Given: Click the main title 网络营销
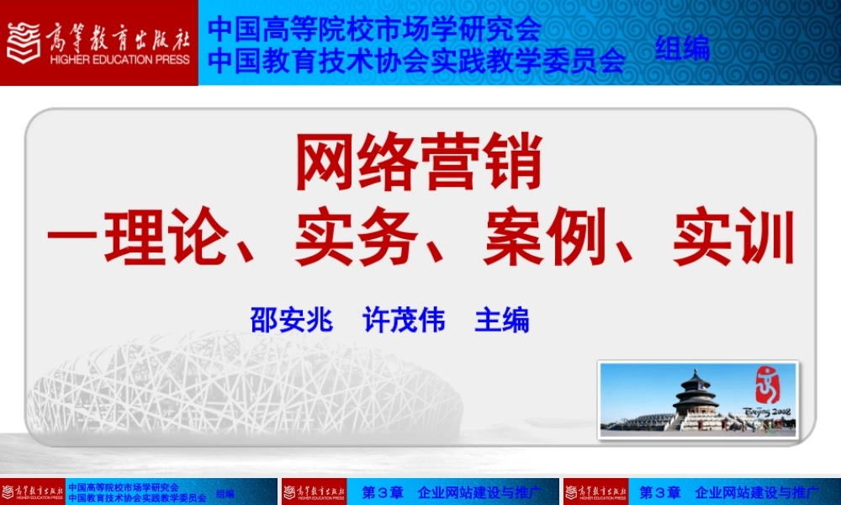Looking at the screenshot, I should pyautogui.click(x=418, y=165).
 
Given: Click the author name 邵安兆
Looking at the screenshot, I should pyautogui.click(x=291, y=321).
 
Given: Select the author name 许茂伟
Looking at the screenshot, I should pyautogui.click(x=404, y=321).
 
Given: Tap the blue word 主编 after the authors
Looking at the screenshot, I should pyautogui.click(x=502, y=321).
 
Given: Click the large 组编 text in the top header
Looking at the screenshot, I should pyautogui.click(x=682, y=49).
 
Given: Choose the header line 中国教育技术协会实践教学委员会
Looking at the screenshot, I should pyautogui.click(x=416, y=61).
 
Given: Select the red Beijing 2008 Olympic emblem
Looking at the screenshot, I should pyautogui.click(x=767, y=389).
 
